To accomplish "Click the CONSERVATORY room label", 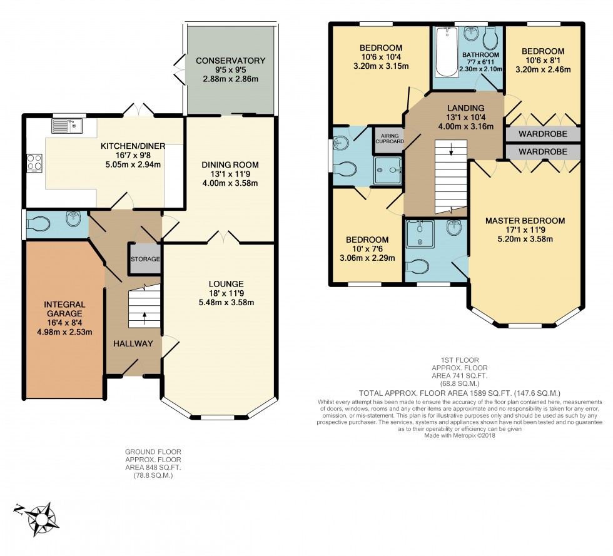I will click(x=230, y=61).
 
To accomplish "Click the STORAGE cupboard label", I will click(x=145, y=259).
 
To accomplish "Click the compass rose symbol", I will click(x=43, y=518).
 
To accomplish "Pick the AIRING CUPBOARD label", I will click(x=388, y=138).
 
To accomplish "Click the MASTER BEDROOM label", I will click(x=525, y=221).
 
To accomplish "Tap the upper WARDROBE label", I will click(x=542, y=134).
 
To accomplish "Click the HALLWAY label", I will click(x=133, y=343).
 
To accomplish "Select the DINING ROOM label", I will click(x=230, y=165).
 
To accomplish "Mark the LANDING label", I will click(x=465, y=108).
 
